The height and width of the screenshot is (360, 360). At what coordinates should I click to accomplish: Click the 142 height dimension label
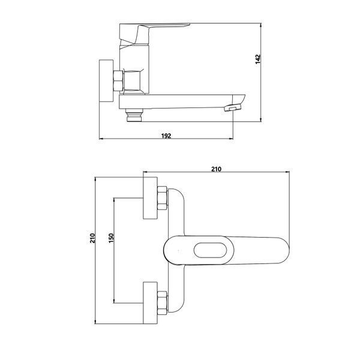pos(258,59)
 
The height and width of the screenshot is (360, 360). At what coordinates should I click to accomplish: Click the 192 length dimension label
pos(166,136)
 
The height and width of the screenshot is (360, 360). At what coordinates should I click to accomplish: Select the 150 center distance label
pos(111,238)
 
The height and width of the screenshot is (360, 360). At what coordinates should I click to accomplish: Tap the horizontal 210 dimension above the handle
pos(216,169)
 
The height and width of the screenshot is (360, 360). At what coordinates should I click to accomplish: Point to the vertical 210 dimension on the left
pos(92,238)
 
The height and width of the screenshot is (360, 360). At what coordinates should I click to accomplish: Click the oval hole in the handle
pos(210,250)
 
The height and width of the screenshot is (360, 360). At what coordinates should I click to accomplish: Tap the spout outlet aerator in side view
pos(232,107)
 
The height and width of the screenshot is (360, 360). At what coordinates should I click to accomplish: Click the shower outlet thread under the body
pos(134,115)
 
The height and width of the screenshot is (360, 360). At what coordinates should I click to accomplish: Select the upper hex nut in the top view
pos(163,198)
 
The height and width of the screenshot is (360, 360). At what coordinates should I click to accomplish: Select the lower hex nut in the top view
pos(163,303)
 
